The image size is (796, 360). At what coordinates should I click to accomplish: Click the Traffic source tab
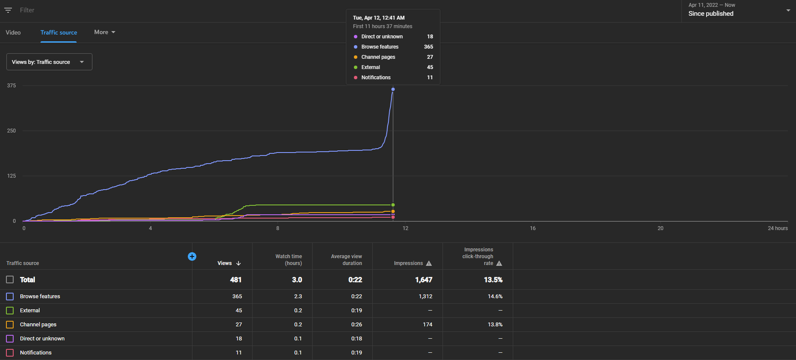59,32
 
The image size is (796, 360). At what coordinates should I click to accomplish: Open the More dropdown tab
105,32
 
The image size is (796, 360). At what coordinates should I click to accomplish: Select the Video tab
13,32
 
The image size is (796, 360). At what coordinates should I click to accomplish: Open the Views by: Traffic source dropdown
49,62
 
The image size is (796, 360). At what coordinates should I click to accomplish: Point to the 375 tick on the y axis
11,86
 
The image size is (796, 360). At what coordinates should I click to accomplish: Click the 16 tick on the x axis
533,228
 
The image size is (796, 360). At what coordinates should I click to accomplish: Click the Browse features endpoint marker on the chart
393,89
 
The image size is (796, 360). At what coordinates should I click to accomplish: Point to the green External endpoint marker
393,205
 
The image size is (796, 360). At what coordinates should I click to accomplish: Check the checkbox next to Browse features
10,297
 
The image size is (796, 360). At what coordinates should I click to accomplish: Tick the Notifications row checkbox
10,353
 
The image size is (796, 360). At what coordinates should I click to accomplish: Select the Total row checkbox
10,280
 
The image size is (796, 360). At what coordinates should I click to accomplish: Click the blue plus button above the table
192,256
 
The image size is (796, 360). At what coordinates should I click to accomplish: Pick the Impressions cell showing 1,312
425,297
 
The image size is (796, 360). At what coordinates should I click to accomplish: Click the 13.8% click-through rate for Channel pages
495,325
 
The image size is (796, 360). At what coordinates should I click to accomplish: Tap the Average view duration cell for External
357,311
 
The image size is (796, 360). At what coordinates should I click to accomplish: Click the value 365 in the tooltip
428,47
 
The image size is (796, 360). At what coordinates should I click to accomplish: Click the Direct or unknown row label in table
42,339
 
